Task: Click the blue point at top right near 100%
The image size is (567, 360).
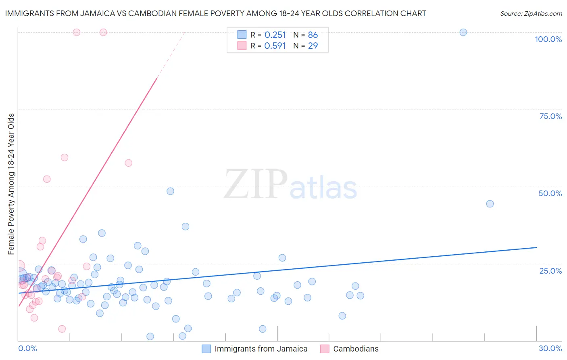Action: pos(463,32)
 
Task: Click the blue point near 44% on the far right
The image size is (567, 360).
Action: pos(490,204)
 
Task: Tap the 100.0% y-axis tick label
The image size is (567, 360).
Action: pos(548,39)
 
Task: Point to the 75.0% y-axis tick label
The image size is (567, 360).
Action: pos(550,116)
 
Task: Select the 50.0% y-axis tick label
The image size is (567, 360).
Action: pos(550,193)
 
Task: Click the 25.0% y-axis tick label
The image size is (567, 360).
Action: pos(550,271)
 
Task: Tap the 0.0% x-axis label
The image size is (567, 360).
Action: pos(27,348)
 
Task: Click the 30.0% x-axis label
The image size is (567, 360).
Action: pos(550,348)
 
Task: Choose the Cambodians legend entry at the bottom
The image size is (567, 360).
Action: pos(355,349)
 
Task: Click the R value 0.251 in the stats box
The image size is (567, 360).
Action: pos(275,35)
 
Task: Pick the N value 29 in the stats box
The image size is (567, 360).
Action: pos(313,46)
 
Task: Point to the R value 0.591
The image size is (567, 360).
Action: pos(275,46)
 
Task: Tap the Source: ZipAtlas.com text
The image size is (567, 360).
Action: pos(531,13)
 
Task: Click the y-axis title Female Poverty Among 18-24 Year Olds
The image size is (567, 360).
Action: pos(11,184)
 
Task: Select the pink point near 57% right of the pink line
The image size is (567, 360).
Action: pos(128,163)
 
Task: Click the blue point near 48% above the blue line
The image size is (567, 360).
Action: pos(170,191)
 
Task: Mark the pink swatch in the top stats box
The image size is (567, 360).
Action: pos(242,46)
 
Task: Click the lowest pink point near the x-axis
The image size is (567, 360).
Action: pos(62,329)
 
